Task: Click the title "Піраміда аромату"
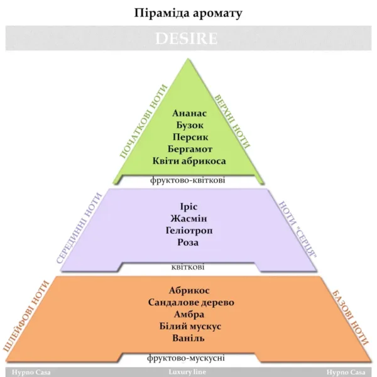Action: tap(188, 13)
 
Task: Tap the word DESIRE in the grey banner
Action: tap(187, 38)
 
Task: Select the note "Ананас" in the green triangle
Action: tap(189, 113)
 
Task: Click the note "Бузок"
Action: tap(190, 125)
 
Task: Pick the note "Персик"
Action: tap(190, 137)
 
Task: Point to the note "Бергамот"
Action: tap(190, 149)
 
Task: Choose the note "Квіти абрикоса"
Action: tap(189, 161)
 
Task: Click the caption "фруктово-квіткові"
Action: tap(187, 180)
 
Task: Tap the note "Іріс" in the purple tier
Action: tap(188, 207)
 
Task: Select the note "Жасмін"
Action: tap(188, 219)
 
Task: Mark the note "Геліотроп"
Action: tap(189, 231)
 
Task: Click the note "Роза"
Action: tap(188, 242)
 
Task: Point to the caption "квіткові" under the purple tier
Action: tap(188, 267)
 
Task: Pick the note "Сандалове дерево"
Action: tap(191, 302)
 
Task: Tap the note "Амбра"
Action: tap(189, 314)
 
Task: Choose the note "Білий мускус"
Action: tap(190, 326)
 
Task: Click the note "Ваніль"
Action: tap(188, 338)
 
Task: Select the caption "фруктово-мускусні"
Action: tap(186, 358)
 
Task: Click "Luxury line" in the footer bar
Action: tap(187, 372)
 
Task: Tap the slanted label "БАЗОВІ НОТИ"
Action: tap(350, 318)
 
